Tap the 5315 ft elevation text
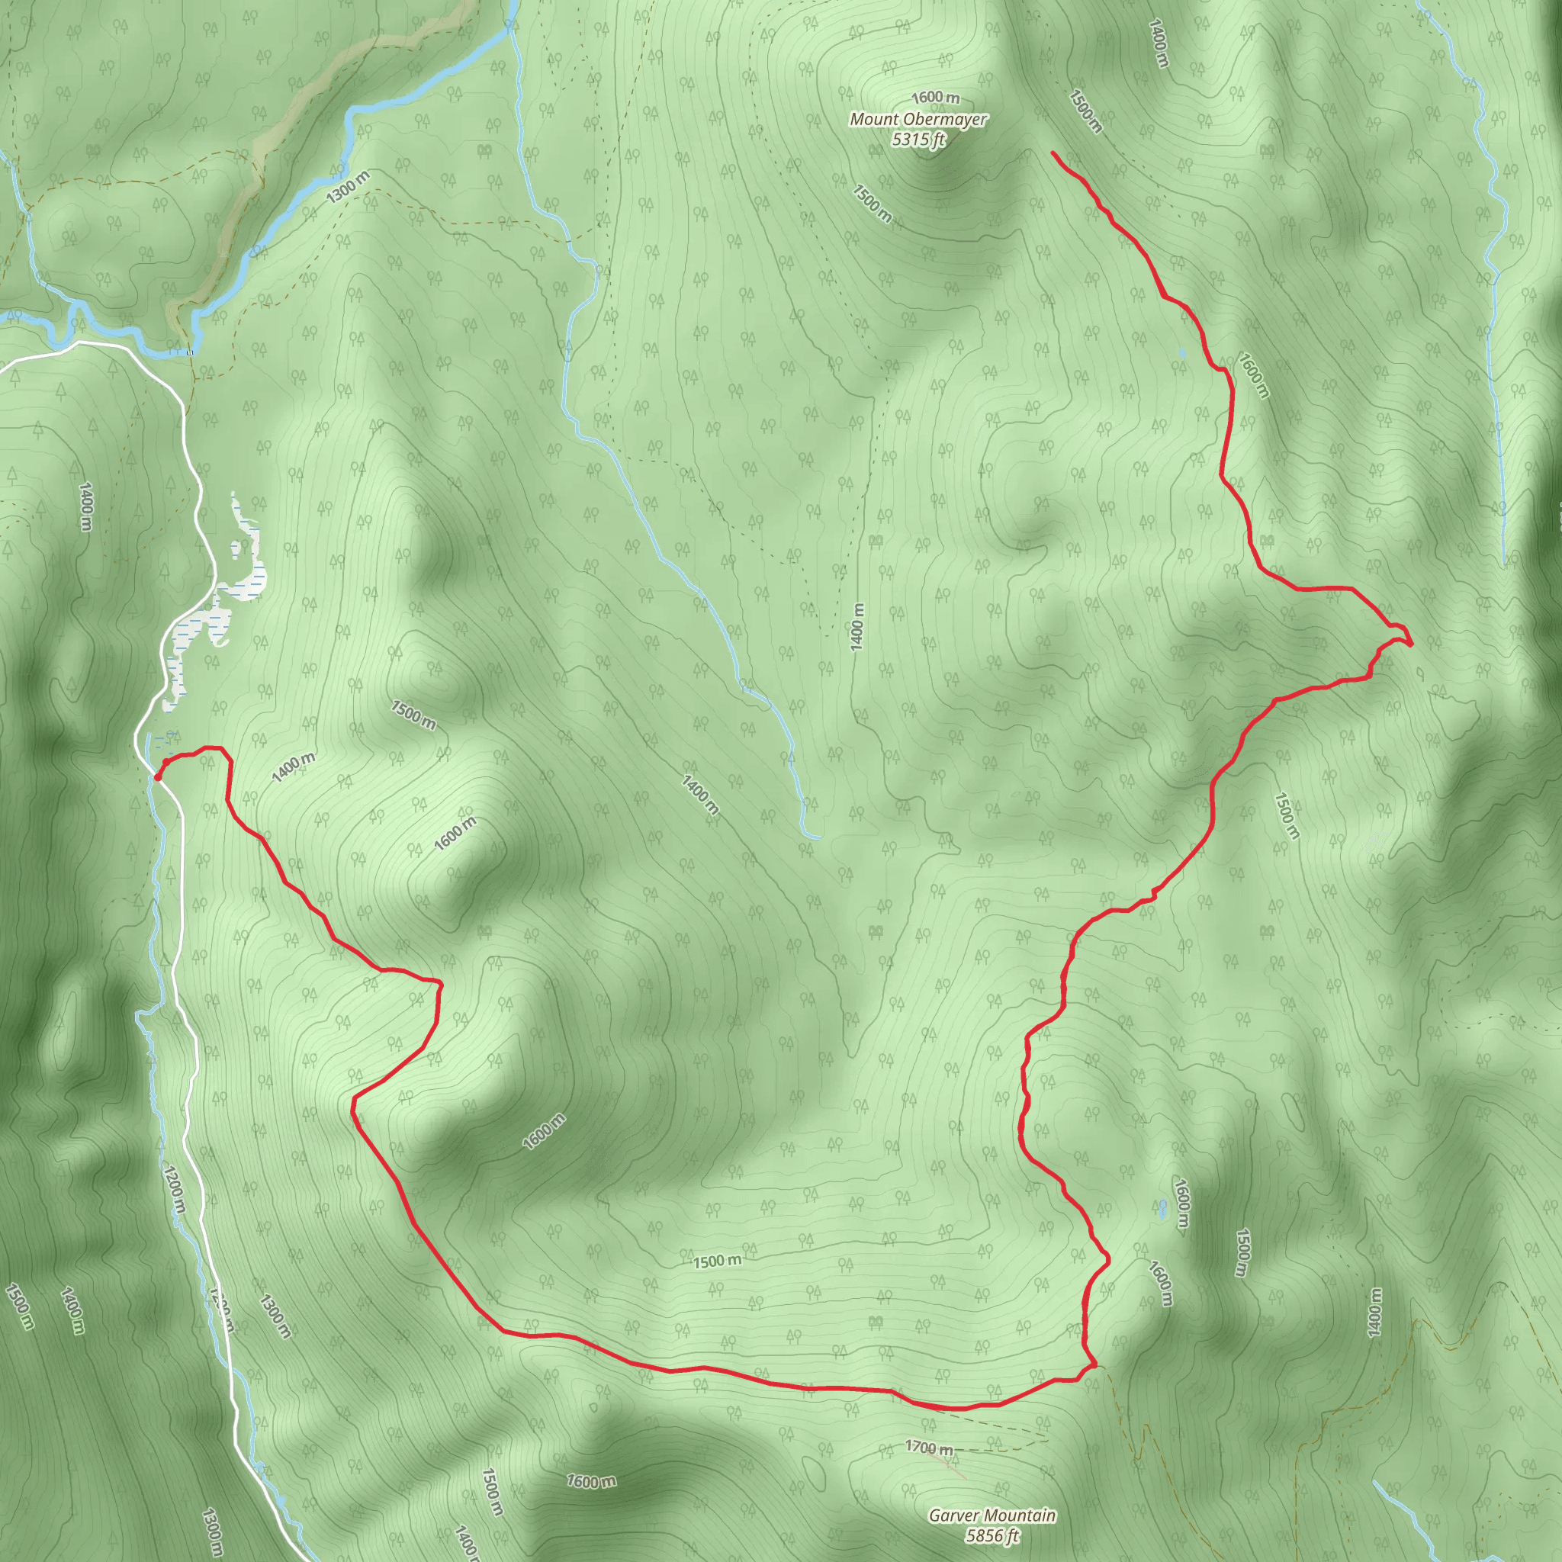coord(918,139)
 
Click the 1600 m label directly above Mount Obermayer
coord(937,98)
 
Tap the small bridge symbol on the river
coord(190,352)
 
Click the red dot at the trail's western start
coord(156,777)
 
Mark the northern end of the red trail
coord(1053,153)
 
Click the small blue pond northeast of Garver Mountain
coord(1162,1209)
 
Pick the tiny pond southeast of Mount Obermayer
coord(1183,353)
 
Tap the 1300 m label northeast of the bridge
coord(348,188)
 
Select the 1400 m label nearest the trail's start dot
coord(294,767)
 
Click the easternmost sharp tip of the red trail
coord(1411,644)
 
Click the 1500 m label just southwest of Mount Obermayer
coord(873,203)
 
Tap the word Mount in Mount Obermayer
coord(874,120)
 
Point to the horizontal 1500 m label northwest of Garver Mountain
coord(717,1261)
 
